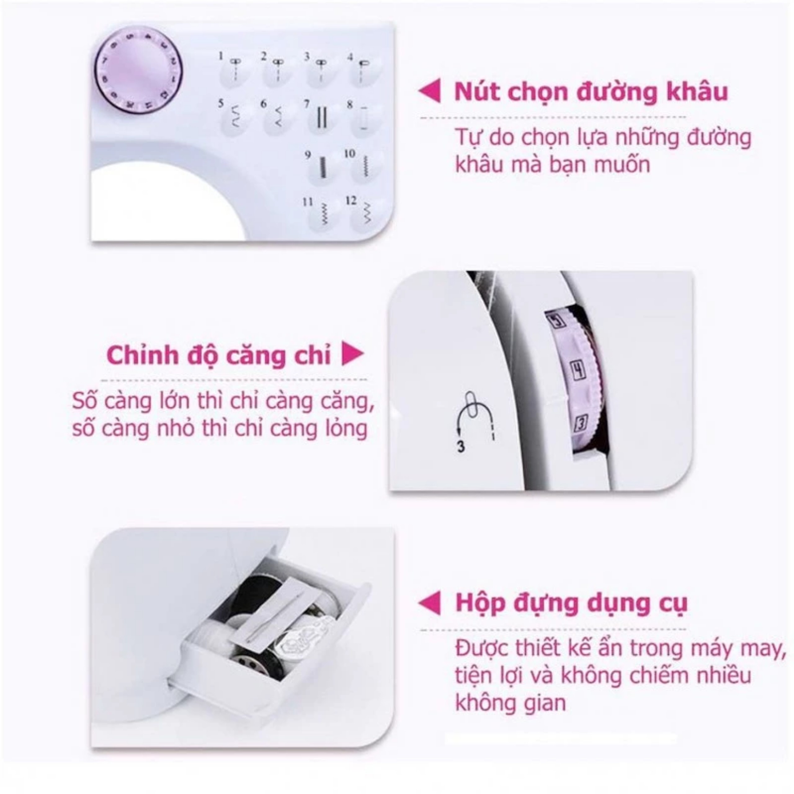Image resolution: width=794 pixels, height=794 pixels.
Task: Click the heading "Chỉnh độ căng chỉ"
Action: (219, 355)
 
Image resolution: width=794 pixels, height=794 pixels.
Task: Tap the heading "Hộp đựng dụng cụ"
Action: (571, 603)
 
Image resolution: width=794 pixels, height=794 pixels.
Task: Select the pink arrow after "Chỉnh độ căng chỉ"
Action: (353, 355)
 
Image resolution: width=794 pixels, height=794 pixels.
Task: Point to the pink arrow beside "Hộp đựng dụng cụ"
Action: (430, 603)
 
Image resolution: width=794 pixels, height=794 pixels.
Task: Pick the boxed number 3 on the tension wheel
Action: (579, 423)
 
